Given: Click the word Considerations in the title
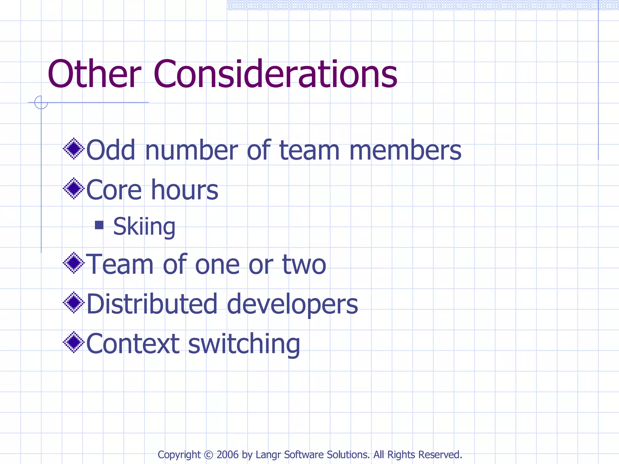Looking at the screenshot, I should tap(275, 74).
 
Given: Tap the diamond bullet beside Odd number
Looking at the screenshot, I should tap(74, 149).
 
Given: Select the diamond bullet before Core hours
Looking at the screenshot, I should tap(74, 188).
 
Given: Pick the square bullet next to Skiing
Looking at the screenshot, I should tap(99, 225).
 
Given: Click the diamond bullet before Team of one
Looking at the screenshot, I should tap(74, 263).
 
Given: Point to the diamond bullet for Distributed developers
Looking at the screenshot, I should tap(74, 302).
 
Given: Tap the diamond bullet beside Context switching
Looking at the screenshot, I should tap(74, 342).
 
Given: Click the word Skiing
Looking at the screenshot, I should tap(144, 227).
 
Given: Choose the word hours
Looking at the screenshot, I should tap(184, 190).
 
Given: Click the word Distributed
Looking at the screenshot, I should tap(152, 304).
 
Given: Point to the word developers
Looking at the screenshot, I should tap(292, 304).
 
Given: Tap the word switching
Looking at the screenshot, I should tap(244, 344).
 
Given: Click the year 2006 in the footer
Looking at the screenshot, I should tap(227, 455).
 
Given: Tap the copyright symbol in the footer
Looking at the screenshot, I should tap(209, 455).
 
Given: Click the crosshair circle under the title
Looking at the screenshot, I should tap(41, 102).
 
